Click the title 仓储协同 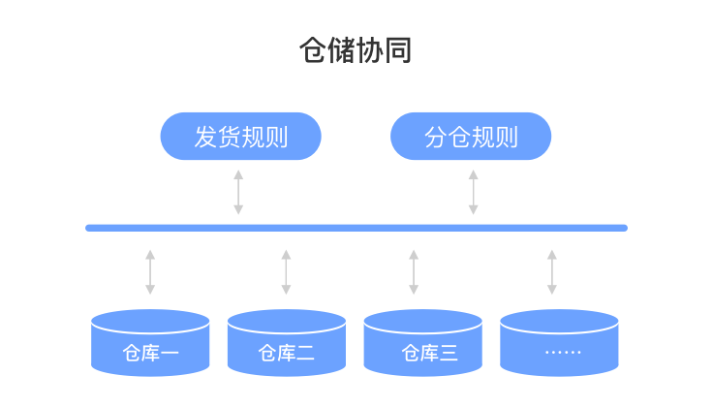[356, 51]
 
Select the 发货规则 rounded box [240, 137]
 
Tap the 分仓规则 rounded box [471, 137]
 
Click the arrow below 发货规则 [238, 192]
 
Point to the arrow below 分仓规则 [473, 192]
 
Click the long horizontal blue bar [356, 228]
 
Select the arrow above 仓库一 [150, 271]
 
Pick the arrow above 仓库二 [286, 271]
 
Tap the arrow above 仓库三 [414, 271]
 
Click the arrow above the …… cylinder [552, 271]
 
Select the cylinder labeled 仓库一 [150, 344]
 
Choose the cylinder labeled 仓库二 [287, 344]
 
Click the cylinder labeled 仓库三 [422, 344]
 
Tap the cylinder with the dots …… [559, 344]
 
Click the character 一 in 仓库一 [170, 353]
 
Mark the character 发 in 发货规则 [205, 137]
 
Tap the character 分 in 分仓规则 [436, 137]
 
